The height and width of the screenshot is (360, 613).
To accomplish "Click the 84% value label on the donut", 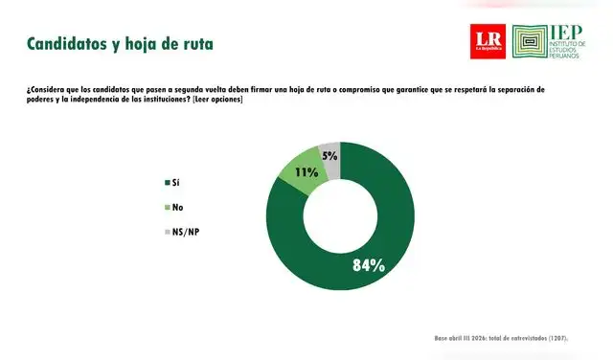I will coord(368,264).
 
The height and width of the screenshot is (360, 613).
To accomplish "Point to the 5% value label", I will coord(329,155).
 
